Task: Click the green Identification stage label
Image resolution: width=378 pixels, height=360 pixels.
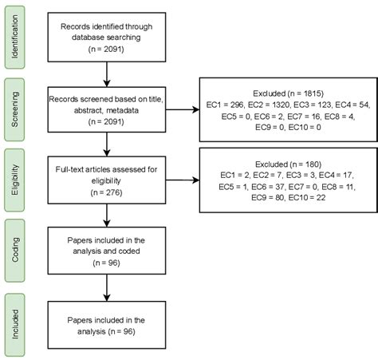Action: pos(15,38)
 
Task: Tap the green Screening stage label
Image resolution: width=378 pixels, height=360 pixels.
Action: pos(15,109)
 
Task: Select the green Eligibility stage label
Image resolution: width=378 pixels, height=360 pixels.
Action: pos(15,180)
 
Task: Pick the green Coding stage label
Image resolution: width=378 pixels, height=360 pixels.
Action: pos(15,251)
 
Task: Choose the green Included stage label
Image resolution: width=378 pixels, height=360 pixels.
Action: pos(15,325)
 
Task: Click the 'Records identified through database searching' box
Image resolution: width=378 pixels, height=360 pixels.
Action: pos(107,38)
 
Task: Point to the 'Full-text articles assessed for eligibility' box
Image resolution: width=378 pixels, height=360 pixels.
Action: pos(107,180)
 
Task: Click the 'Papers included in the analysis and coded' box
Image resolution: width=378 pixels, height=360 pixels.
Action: pos(107,251)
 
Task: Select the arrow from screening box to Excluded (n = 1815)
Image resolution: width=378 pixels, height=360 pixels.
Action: pos(183,109)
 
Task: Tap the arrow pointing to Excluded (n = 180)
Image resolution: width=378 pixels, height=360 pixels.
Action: pos(183,180)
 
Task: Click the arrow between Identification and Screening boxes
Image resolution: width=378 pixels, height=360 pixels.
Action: pos(107,74)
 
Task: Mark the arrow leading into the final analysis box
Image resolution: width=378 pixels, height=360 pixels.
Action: pos(107,288)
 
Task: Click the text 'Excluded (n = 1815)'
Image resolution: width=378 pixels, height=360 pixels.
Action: pos(288,93)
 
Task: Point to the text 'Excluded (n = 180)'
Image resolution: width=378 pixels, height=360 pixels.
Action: pos(288,164)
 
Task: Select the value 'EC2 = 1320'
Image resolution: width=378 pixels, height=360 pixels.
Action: pos(269,105)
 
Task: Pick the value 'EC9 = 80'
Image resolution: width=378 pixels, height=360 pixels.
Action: pos(267,197)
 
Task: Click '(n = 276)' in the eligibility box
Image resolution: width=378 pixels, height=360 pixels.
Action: pos(106,192)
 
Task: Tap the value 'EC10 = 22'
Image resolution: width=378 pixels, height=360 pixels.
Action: pos(307,197)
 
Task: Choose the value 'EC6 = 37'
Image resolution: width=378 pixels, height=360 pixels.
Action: pos(268,187)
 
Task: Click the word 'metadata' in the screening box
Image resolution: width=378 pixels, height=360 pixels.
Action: pos(122,110)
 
